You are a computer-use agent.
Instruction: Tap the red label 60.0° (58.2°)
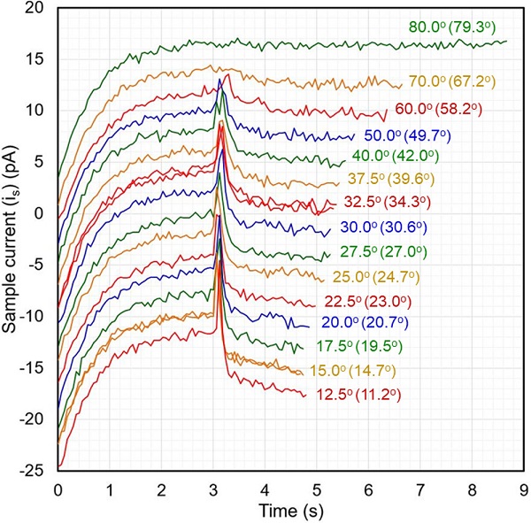click(x=442, y=111)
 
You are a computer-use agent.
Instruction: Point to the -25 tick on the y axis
click(x=35, y=471)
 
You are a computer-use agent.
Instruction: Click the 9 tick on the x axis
click(x=524, y=488)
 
